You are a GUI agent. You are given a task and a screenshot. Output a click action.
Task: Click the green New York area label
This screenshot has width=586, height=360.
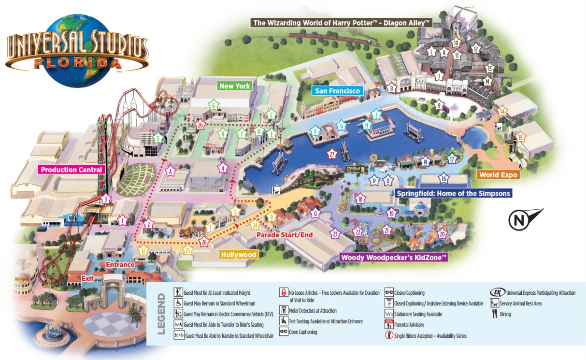(x=235, y=86)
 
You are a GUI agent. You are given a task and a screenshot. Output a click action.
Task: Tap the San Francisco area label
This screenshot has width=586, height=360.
(x=337, y=90)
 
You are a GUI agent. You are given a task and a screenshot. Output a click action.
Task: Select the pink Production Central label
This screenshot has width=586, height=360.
(x=71, y=170)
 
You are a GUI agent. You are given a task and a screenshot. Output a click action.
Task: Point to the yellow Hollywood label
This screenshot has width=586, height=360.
(x=238, y=254)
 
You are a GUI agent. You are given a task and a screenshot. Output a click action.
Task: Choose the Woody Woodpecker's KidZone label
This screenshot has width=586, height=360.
(x=394, y=257)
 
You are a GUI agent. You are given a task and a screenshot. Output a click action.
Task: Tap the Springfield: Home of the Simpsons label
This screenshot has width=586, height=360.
(x=453, y=193)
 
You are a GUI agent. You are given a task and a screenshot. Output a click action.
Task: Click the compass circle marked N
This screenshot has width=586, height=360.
(x=518, y=221)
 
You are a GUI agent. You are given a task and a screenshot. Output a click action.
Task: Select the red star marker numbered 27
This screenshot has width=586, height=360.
(x=332, y=155)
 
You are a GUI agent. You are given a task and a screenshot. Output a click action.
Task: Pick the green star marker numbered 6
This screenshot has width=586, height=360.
(x=214, y=105)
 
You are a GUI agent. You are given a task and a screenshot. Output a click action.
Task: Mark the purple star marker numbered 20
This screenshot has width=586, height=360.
(x=441, y=234)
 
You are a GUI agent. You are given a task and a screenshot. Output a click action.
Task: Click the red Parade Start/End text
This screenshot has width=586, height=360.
(x=285, y=235)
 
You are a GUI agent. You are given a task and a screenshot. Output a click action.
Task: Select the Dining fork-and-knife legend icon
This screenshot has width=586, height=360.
(x=494, y=314)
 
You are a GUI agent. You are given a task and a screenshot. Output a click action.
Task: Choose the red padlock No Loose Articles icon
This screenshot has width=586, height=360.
(x=283, y=292)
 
